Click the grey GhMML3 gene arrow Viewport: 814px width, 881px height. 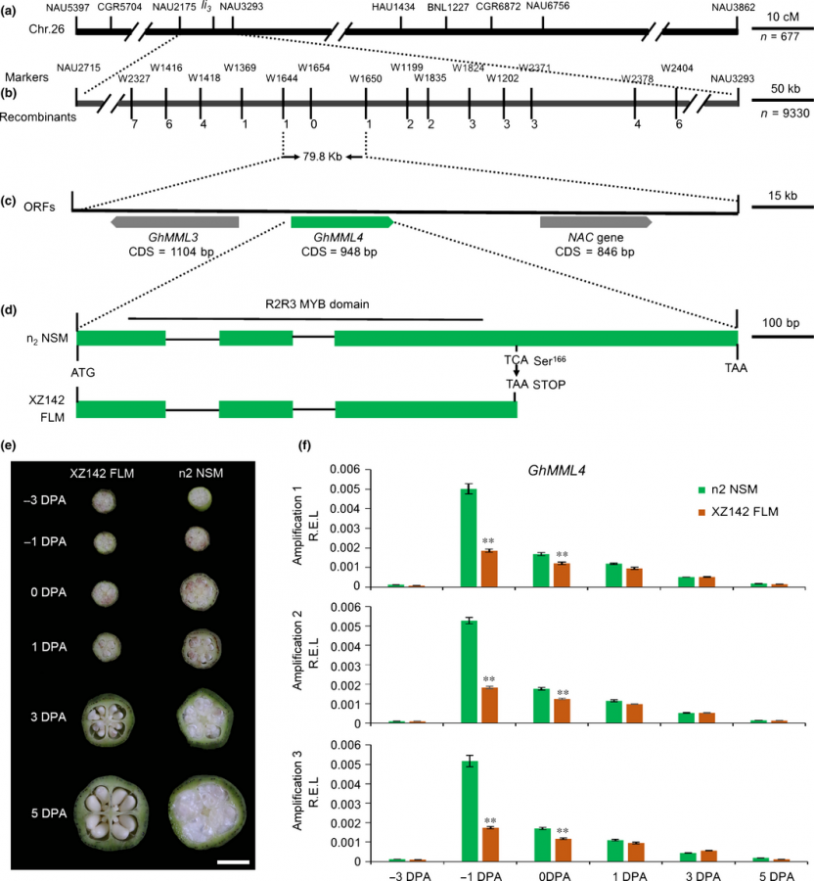(x=176, y=222)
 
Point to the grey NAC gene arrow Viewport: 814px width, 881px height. (x=596, y=222)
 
